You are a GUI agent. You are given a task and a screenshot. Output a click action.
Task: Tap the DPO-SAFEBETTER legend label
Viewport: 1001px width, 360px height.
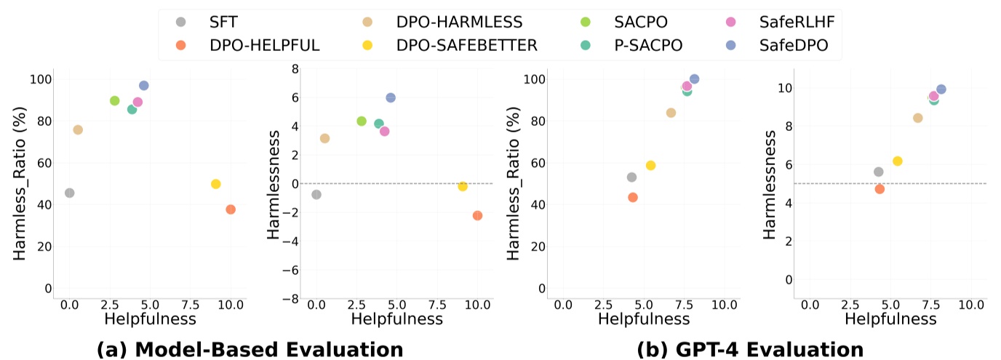(x=467, y=45)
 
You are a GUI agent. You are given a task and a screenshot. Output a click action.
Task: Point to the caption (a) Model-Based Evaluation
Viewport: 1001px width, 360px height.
(x=250, y=350)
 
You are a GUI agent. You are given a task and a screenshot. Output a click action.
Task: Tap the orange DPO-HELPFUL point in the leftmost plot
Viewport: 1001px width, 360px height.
(x=231, y=209)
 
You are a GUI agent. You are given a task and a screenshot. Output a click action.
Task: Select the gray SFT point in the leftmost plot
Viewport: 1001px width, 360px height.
(x=69, y=193)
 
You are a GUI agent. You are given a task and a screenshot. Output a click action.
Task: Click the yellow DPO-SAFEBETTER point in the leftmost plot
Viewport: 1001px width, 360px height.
(x=215, y=184)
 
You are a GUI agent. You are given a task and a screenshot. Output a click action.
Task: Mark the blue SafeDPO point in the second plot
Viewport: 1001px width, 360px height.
(x=391, y=97)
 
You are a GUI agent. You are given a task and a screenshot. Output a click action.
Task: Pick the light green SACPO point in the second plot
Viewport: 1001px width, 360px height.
(x=362, y=121)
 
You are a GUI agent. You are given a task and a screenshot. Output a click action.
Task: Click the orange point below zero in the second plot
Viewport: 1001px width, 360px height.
(x=477, y=215)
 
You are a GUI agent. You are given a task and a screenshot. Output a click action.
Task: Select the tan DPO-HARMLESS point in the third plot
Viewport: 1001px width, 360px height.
(x=671, y=113)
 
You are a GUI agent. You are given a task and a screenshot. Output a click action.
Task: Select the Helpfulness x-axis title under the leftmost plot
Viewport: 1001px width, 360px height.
(x=151, y=318)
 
